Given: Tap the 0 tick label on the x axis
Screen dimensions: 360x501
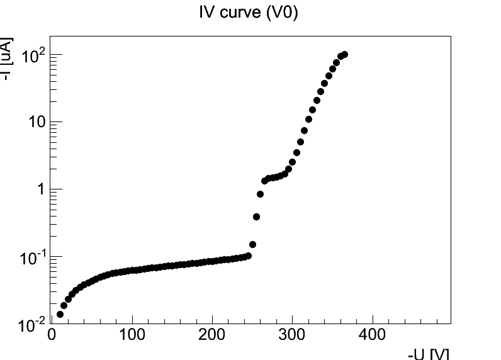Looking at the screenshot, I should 52,334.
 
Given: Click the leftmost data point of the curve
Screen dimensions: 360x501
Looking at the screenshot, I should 60,314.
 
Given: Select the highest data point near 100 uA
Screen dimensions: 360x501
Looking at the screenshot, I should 344,55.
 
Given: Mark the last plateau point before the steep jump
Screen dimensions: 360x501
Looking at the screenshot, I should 248,256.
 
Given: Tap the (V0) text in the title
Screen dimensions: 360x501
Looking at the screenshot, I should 283,12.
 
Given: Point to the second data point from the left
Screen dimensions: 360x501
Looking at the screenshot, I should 64,305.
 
